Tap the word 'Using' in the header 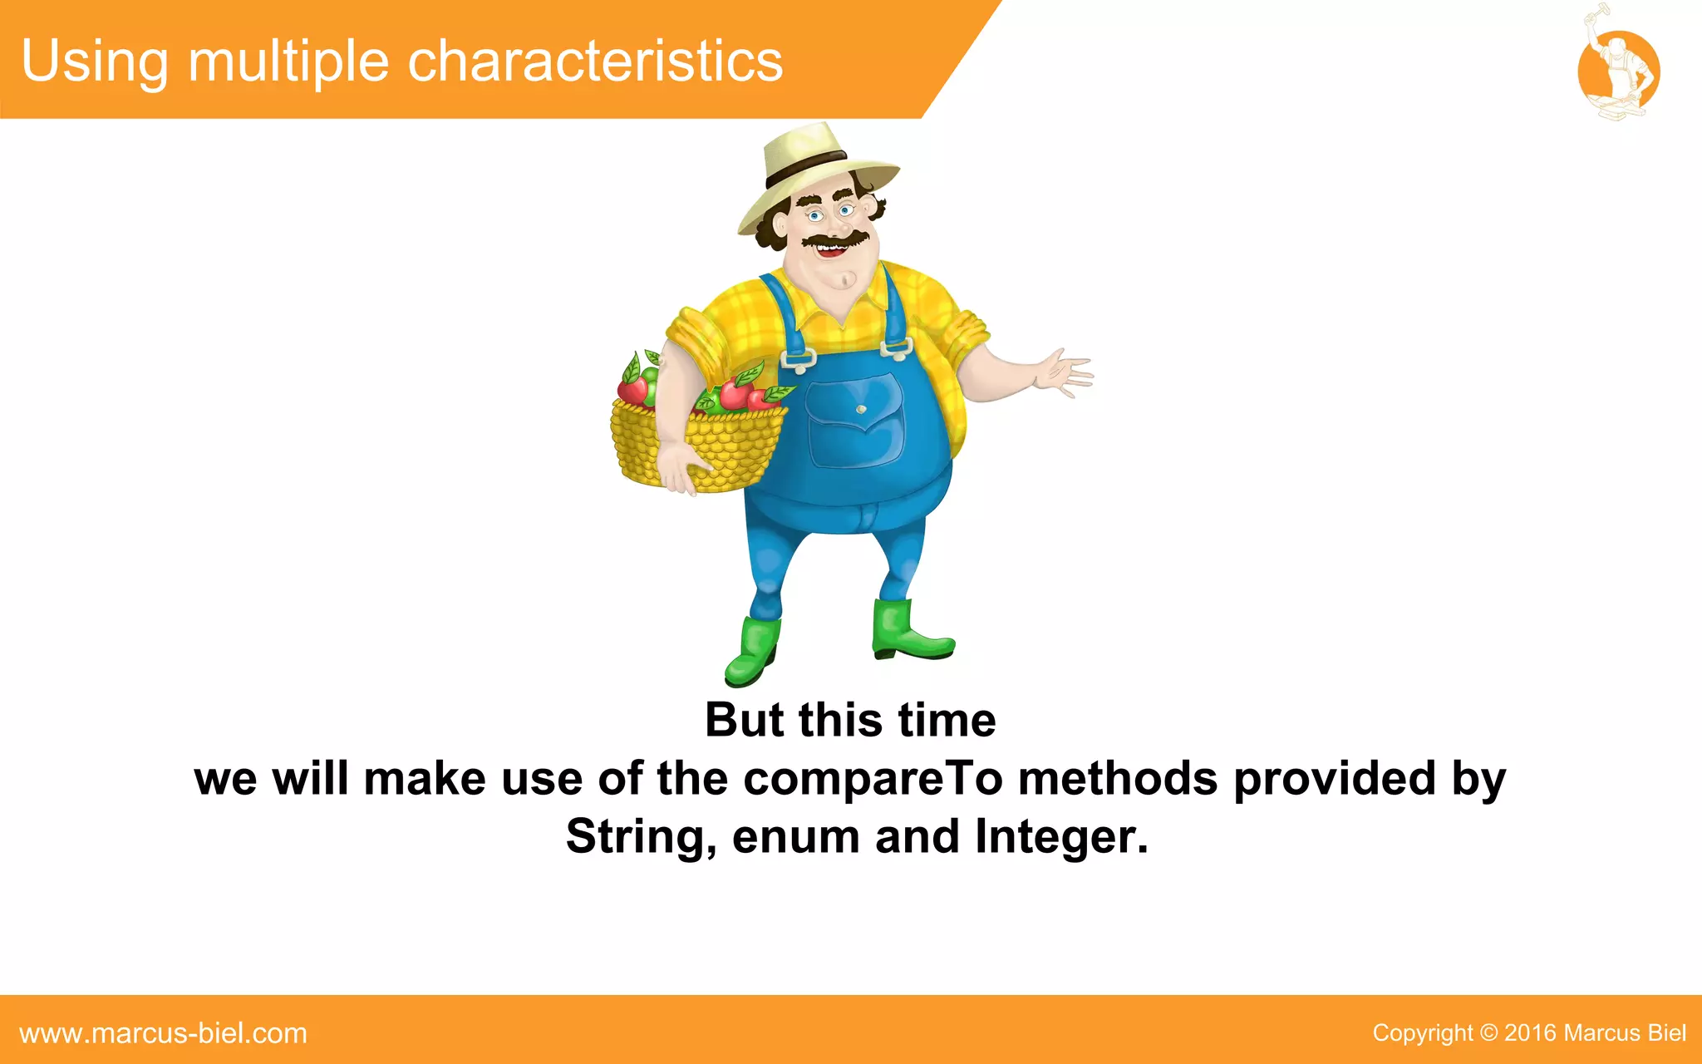[x=94, y=62]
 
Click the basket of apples [x=698, y=432]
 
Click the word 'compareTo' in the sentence [x=872, y=779]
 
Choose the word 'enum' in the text [x=796, y=836]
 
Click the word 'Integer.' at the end [x=1061, y=836]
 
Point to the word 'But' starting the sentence [x=744, y=720]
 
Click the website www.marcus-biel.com [x=163, y=1033]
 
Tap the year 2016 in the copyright [x=1530, y=1033]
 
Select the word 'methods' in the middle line [x=1118, y=779]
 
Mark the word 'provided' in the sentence [x=1335, y=779]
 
